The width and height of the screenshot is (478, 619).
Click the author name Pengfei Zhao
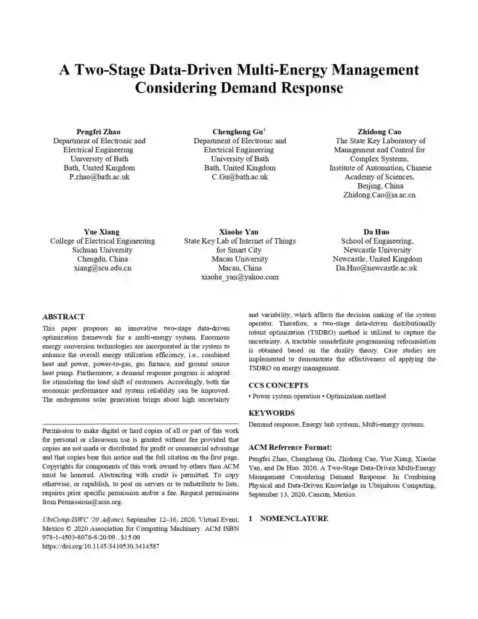pos(99,132)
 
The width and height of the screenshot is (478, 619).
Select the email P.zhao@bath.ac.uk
pos(99,177)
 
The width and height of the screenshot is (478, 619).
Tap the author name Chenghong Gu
pos(238,132)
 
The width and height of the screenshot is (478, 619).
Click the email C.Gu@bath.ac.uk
pos(239,177)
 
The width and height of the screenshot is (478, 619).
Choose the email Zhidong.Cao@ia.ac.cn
pos(380,195)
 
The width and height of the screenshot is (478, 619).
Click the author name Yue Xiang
pos(102,232)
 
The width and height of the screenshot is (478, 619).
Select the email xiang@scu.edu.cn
pos(102,268)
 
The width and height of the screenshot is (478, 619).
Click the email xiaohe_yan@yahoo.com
pos(239,277)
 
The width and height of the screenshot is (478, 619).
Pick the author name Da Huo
pos(376,232)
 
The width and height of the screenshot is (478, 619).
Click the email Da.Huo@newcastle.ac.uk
pos(376,268)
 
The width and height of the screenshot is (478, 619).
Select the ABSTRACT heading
pos(63,316)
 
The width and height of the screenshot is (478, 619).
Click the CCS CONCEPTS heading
pos(279,385)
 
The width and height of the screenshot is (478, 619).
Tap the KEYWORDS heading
pos(272,413)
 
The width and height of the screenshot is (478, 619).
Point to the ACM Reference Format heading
pos(291,448)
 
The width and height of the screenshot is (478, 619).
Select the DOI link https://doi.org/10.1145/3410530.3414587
pos(101,546)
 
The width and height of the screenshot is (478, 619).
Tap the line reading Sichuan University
pos(102,250)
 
